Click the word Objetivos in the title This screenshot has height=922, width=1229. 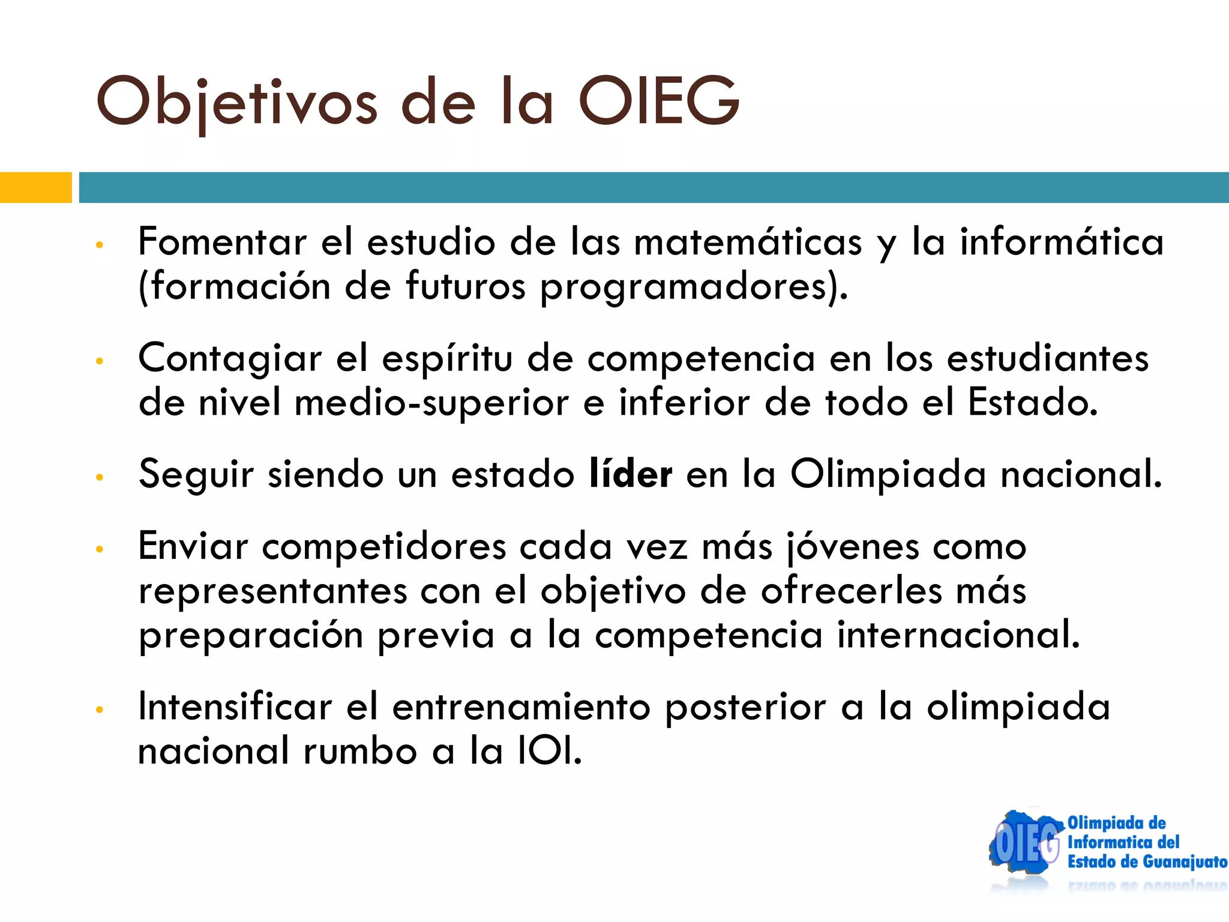pos(236,102)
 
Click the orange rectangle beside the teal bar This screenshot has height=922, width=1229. pos(35,187)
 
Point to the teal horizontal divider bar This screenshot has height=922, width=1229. pos(653,187)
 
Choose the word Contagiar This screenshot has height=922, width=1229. pos(230,358)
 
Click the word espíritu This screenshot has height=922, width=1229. pos(447,358)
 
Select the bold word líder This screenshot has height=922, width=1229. pos(631,474)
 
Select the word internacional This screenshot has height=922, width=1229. pos(958,635)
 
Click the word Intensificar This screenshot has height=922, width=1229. pos(235,707)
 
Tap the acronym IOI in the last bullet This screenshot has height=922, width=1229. pos(548,751)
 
